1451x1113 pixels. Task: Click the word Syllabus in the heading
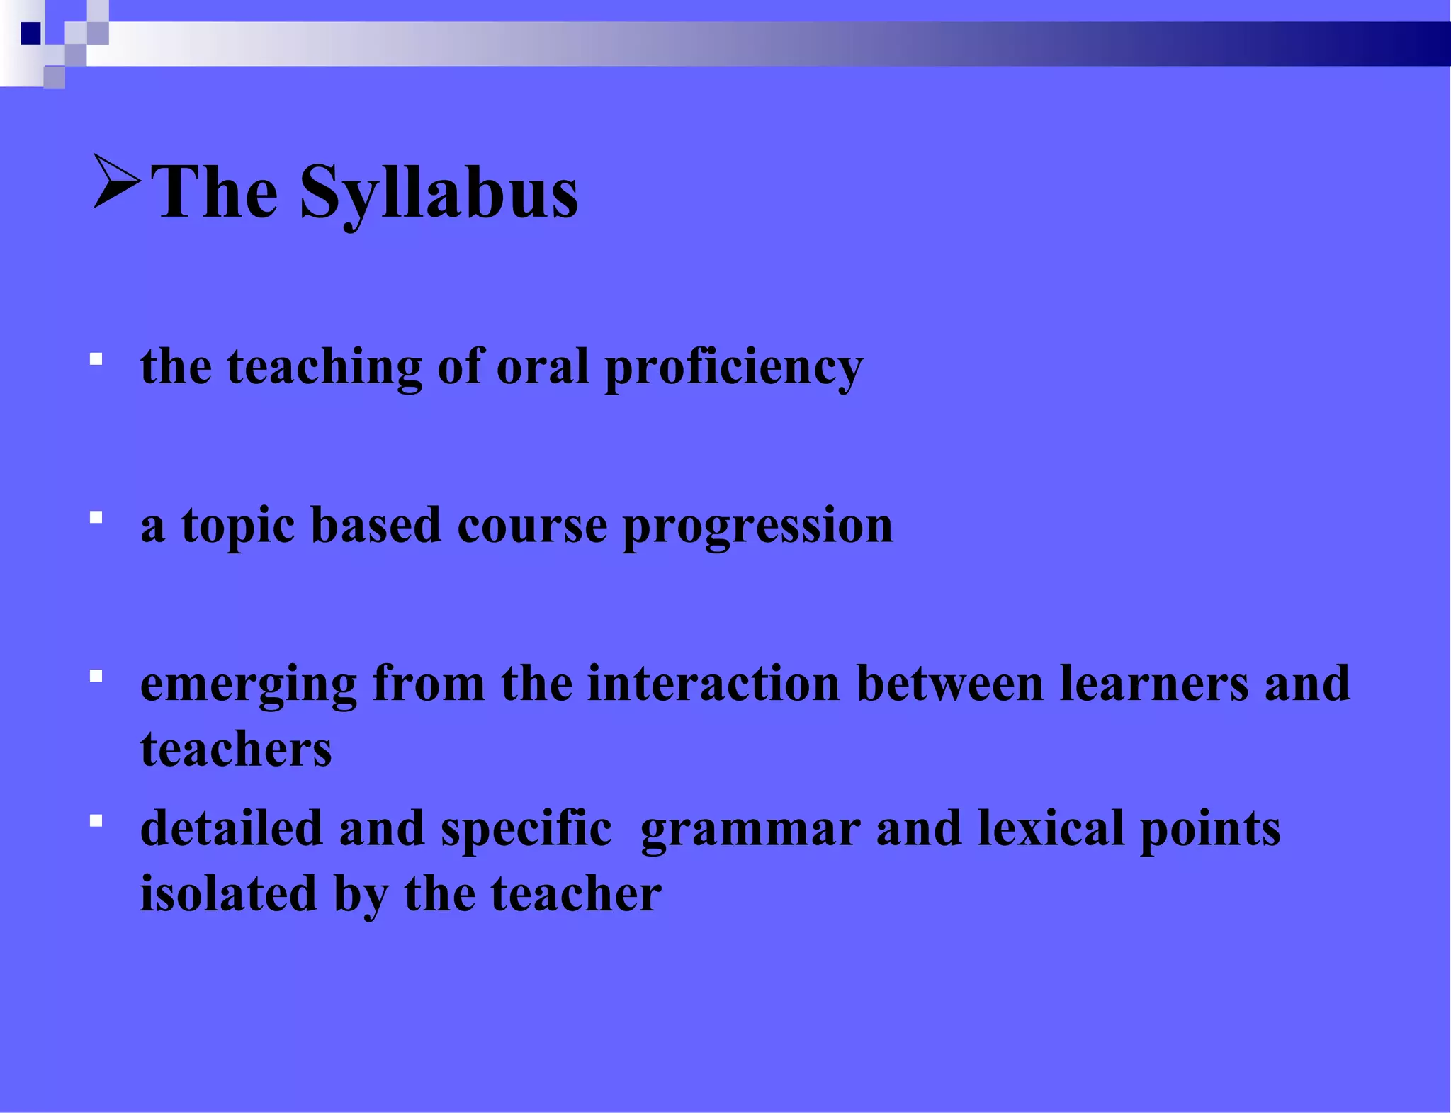point(439,193)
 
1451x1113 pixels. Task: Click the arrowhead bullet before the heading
point(115,181)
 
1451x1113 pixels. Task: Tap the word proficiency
point(733,368)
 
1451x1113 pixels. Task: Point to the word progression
point(757,527)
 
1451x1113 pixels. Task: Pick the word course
point(531,527)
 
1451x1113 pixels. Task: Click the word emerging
point(249,685)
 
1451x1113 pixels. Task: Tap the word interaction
point(713,684)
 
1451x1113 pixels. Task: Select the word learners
point(1153,684)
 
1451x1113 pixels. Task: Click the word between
point(949,684)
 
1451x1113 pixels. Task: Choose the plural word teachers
point(236,750)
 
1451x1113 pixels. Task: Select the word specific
point(526,829)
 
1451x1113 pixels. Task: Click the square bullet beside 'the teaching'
point(96,360)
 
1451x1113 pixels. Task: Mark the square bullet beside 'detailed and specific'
point(96,821)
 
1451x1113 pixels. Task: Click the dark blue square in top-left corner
point(30,33)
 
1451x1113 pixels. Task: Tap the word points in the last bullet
point(1210,829)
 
